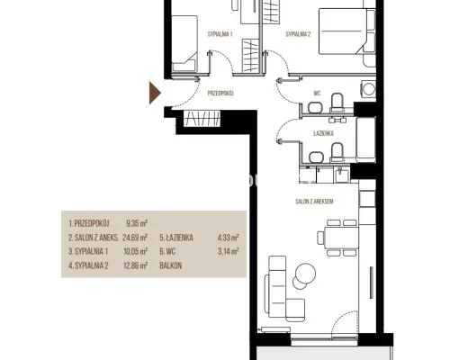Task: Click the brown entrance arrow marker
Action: pos(155,93)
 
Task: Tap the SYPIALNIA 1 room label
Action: pos(220,34)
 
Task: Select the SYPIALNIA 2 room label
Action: pos(298,34)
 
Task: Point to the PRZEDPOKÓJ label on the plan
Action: pos(220,94)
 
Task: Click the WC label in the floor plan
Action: pos(317,94)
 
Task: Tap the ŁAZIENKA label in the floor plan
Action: pos(324,133)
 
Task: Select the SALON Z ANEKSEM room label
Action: pos(314,202)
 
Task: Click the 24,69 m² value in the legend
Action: pos(135,238)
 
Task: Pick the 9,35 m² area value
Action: pos(137,223)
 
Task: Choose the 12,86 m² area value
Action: pos(136,265)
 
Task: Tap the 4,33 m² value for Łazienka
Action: pos(229,238)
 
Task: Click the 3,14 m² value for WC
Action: pos(229,251)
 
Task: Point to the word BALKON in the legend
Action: pos(171,265)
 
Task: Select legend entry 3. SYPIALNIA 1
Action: pos(88,251)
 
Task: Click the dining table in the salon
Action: pos(341,238)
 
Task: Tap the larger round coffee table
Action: pos(305,274)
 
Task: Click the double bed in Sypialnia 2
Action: pos(347,31)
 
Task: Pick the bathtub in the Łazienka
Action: pos(366,139)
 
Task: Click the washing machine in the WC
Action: pos(368,89)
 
